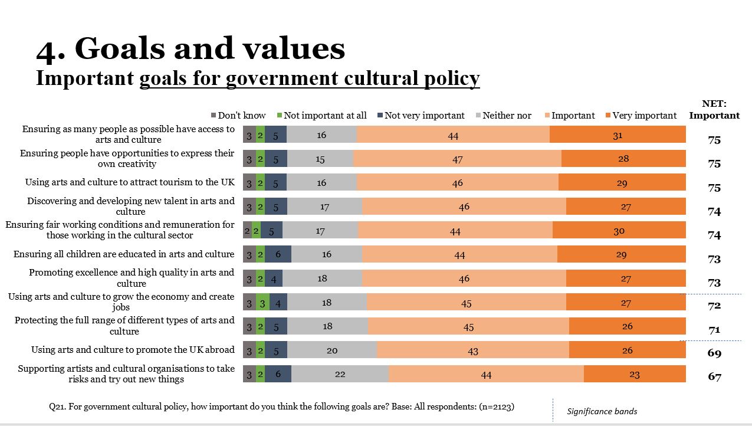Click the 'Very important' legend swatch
coord(608,116)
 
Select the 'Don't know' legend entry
coord(238,116)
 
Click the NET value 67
coord(714,376)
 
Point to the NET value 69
coord(714,353)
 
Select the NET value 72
coord(714,306)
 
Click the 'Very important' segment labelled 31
coord(618,135)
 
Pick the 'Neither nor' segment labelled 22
coord(340,374)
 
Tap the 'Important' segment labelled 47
coord(457,159)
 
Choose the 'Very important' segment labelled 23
coord(635,374)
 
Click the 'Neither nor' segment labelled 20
coord(332,350)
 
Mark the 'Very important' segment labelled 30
coord(619,231)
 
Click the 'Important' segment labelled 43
coord(472,350)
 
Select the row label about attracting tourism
coord(130,182)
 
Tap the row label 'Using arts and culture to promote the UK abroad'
coord(133,350)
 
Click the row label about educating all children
coord(124,254)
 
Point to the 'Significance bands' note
coord(602,411)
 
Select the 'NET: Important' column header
coord(714,110)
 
